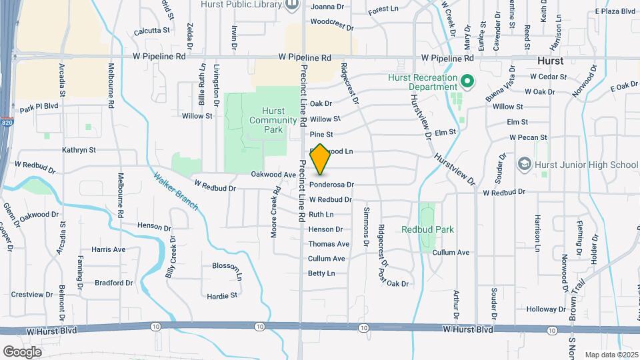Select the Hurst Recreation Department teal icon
(x=467, y=82)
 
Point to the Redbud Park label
(x=427, y=229)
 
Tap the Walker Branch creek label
(x=175, y=191)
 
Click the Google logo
(x=23, y=351)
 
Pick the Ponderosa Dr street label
(x=331, y=185)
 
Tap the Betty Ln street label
(x=321, y=273)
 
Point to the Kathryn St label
(x=79, y=151)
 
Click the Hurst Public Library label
(x=241, y=5)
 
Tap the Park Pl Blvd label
(x=39, y=107)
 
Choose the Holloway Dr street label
(x=546, y=309)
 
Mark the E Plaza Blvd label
(x=615, y=12)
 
